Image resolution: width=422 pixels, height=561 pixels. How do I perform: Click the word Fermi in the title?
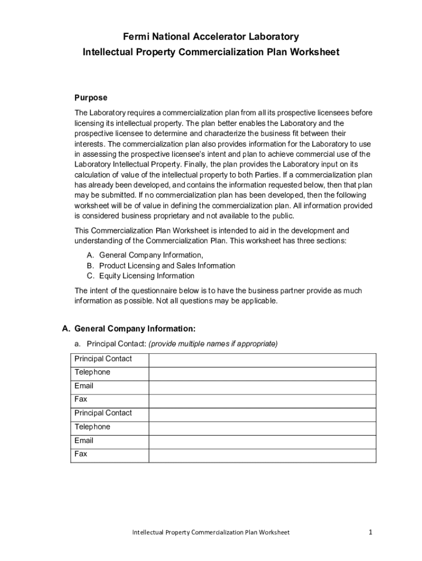click(x=135, y=37)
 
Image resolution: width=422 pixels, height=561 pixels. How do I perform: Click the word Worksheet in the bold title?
click(x=311, y=52)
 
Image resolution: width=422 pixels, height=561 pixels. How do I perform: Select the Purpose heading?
click(x=91, y=98)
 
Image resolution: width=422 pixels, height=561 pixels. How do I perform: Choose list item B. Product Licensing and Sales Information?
click(x=167, y=266)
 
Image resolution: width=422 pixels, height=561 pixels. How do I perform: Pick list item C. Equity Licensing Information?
click(x=146, y=276)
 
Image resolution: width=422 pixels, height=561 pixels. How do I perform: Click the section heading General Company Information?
click(x=135, y=329)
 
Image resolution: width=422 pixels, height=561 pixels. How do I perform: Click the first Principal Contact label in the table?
click(x=103, y=359)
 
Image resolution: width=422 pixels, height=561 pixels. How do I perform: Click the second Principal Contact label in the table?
click(x=103, y=413)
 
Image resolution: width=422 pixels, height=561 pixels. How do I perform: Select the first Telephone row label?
click(x=92, y=373)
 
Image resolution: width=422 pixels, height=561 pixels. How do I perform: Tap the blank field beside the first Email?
click(x=262, y=387)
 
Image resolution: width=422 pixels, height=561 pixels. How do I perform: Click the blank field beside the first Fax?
click(x=262, y=400)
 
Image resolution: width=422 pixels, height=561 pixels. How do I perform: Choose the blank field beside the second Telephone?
click(x=262, y=428)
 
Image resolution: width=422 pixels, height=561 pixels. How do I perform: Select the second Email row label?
click(x=84, y=440)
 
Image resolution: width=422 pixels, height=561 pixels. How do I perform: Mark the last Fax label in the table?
click(x=81, y=454)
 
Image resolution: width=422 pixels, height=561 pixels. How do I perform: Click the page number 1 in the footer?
click(x=371, y=532)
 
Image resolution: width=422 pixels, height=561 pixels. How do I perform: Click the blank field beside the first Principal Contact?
click(x=262, y=359)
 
